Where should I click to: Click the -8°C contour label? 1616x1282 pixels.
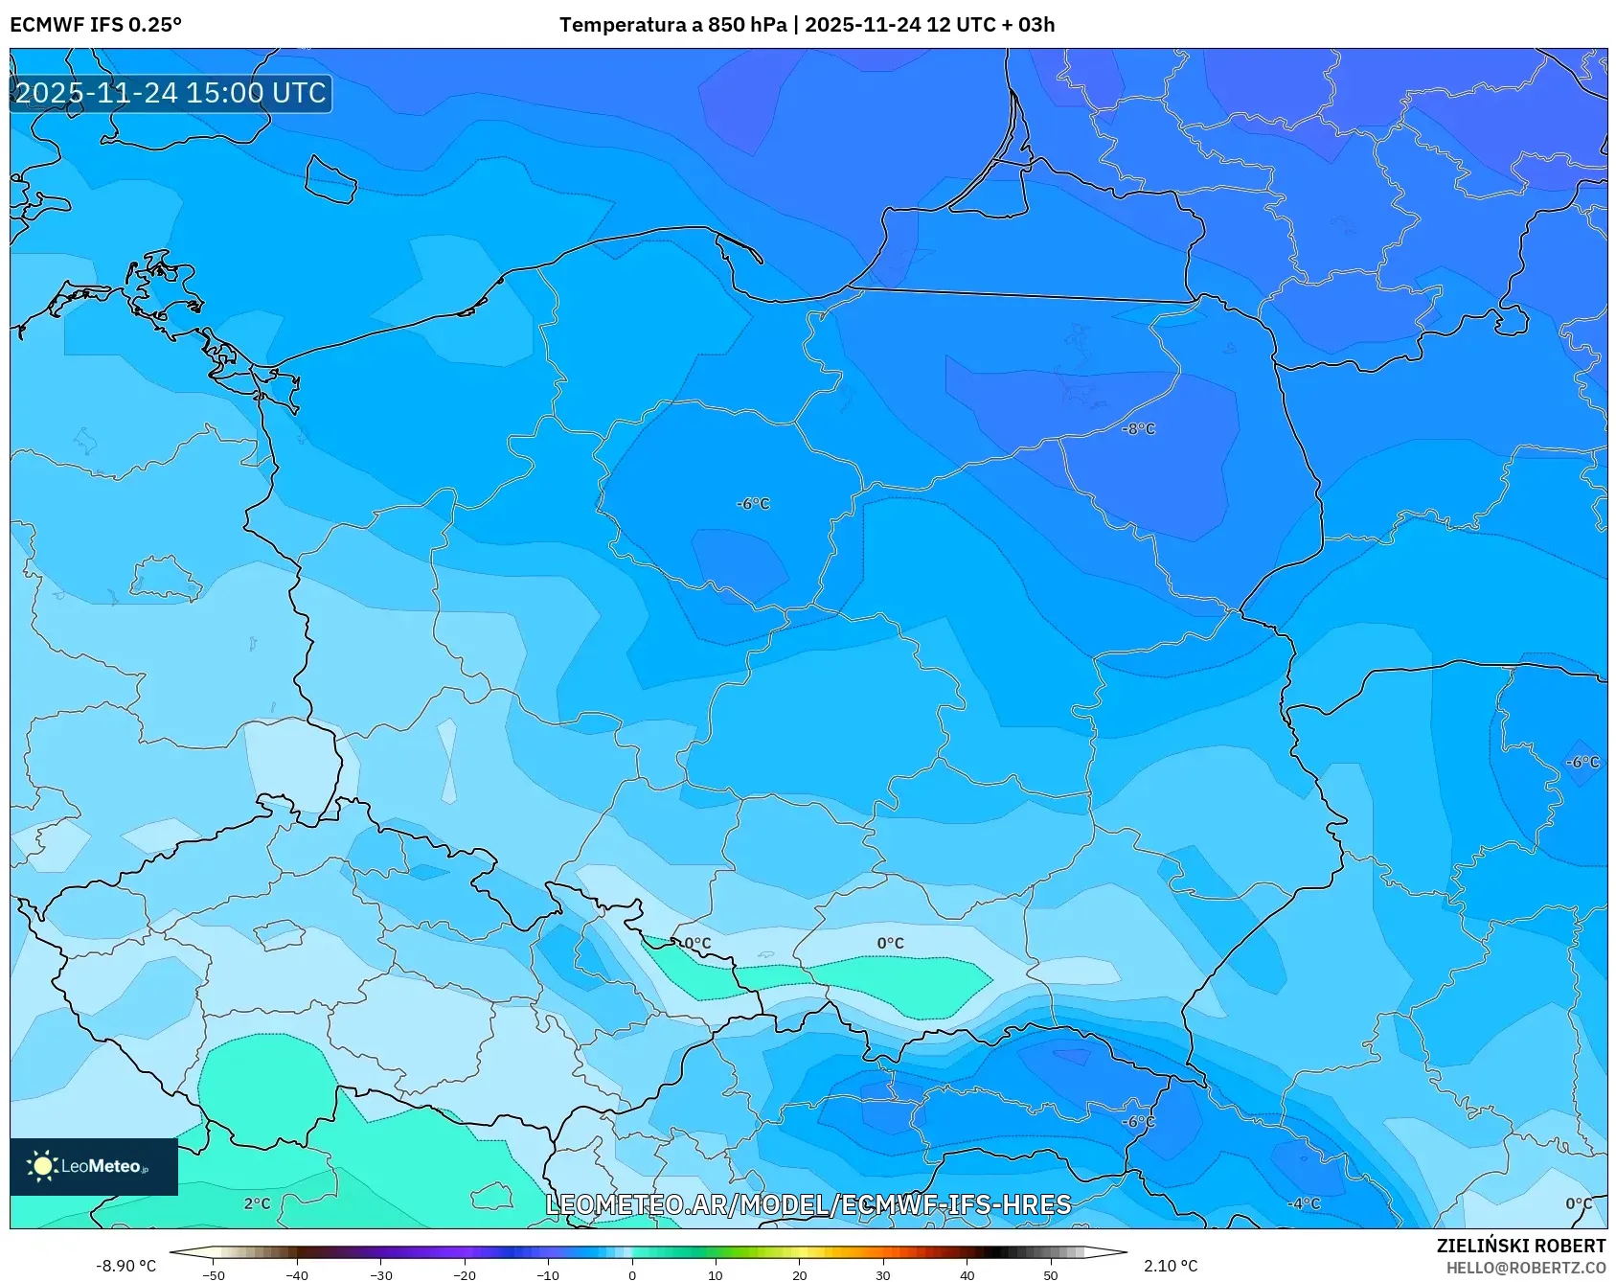1138,429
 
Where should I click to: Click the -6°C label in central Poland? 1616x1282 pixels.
753,504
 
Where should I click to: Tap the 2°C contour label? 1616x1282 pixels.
257,1203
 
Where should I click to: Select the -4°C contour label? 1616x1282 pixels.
1304,1203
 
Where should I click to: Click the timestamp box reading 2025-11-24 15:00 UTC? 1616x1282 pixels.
171,93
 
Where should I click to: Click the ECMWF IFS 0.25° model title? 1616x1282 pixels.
96,24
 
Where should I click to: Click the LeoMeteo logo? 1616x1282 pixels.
94,1166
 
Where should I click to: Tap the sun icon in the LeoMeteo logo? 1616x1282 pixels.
42,1166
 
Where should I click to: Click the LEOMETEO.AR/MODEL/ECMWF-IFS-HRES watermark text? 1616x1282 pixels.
808,1204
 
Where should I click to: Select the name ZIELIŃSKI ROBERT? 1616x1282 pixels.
1520,1246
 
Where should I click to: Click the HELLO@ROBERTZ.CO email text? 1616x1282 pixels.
1525,1268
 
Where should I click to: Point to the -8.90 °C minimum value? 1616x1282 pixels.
125,1266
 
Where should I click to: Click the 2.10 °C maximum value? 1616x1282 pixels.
1171,1266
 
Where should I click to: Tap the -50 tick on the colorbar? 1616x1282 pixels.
214,1275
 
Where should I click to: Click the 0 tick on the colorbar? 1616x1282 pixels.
631,1275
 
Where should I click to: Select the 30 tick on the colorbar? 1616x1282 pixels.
882,1275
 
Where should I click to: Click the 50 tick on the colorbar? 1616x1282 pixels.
1050,1275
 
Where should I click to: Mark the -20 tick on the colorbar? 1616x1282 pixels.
465,1275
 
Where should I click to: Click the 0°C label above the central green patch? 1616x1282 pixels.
890,943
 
